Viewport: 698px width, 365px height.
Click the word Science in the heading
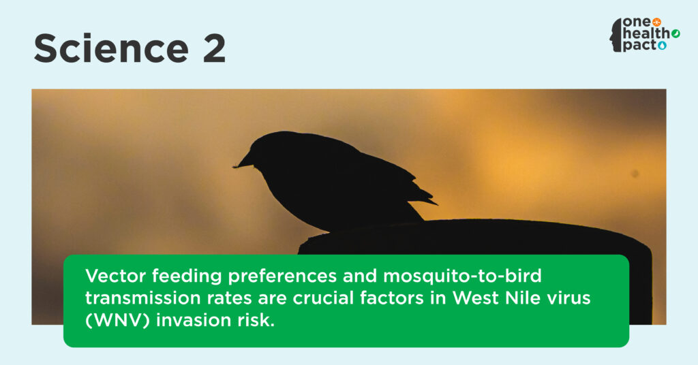[x=111, y=48]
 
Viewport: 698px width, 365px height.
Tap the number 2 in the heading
[x=214, y=48]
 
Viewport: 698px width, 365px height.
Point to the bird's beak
[x=243, y=162]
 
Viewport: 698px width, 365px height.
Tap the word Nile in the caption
[x=521, y=298]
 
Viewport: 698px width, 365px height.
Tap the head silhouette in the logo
[x=616, y=35]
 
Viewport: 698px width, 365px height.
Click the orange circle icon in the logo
[x=656, y=22]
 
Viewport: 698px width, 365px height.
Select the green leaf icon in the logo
[x=676, y=33]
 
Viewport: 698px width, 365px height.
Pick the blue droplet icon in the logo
[x=663, y=46]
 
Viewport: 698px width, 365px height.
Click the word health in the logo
[x=646, y=33]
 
